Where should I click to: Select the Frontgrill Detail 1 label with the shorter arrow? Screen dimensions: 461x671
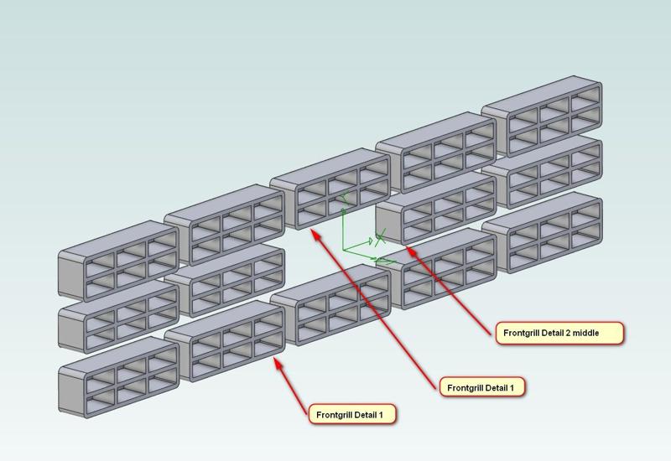(351, 414)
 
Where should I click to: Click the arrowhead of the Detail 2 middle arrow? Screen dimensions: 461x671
(408, 248)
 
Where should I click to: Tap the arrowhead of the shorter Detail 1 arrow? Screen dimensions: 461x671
(278, 361)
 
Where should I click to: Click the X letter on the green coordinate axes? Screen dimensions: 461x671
(380, 239)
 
